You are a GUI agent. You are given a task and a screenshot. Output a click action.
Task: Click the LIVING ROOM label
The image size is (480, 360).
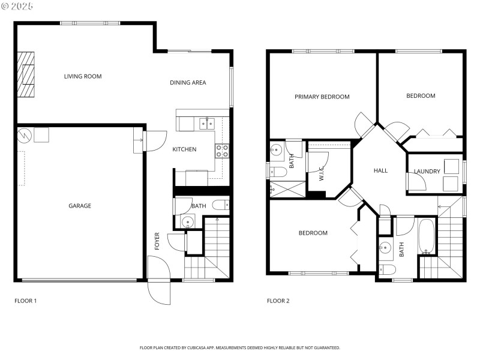tap(83, 76)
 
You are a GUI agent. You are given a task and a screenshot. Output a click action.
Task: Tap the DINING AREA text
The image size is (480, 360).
tap(188, 83)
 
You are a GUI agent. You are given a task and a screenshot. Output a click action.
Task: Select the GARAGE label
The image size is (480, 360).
tap(80, 206)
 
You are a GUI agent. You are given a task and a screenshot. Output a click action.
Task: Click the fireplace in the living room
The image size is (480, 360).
tap(26, 74)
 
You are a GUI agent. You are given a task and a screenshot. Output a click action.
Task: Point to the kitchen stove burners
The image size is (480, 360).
tap(222, 151)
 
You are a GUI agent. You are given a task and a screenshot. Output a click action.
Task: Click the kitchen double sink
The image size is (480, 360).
tap(207, 124)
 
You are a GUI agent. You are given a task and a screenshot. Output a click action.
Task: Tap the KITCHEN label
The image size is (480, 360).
tap(184, 149)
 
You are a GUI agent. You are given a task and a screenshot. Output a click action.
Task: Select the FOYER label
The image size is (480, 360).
tap(157, 241)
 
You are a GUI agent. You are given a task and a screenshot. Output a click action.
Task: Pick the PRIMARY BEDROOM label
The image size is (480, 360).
tap(322, 97)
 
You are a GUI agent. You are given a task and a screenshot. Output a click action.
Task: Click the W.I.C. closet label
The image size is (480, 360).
tap(322, 174)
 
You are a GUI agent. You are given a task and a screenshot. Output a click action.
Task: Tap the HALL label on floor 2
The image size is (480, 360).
tap(380, 171)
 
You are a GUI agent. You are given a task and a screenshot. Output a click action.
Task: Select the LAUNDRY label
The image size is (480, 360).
tap(427, 172)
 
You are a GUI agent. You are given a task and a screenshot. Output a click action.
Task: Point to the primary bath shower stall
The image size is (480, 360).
tap(286, 189)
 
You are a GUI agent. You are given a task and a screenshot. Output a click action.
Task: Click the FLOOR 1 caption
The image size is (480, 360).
tap(26, 301)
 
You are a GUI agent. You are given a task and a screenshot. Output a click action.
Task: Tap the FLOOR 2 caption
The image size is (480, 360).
tap(278, 301)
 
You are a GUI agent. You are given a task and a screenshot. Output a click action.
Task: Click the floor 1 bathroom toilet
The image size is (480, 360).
tap(220, 205)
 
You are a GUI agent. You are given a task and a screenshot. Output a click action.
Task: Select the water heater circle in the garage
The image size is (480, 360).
tap(24, 136)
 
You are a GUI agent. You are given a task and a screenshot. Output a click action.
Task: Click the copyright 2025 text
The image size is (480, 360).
tap(17, 6)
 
